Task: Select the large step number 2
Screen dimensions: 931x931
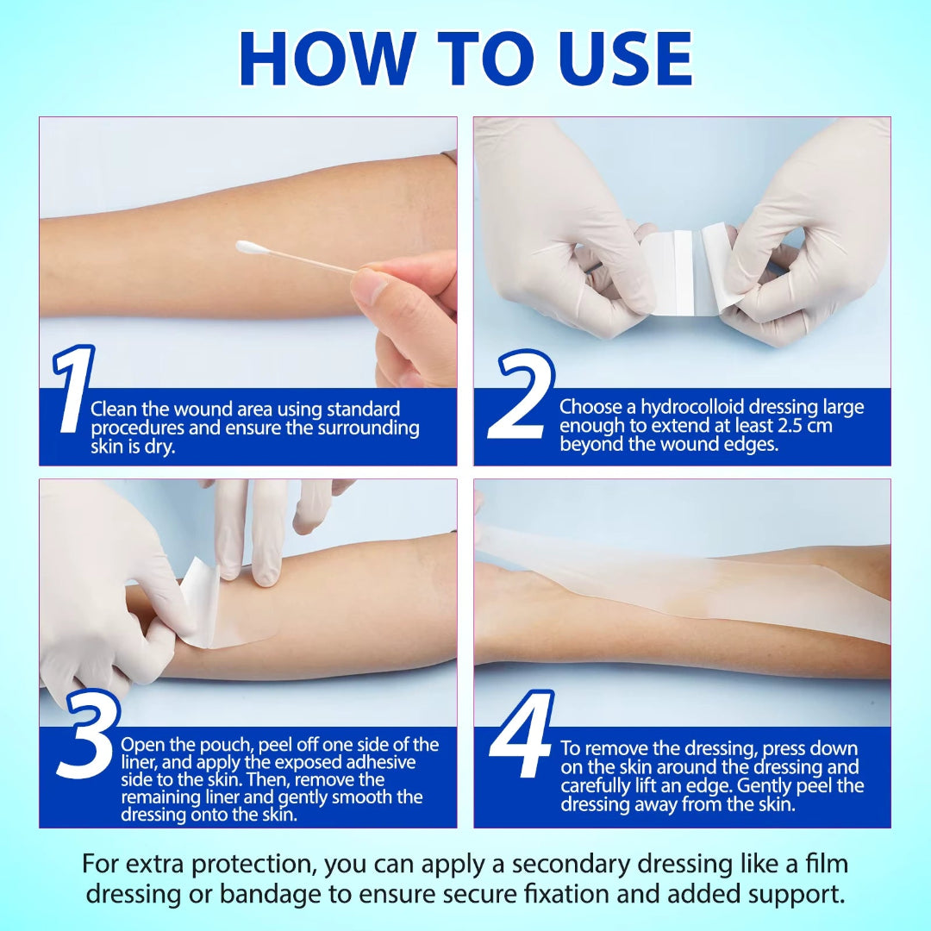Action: point(520,397)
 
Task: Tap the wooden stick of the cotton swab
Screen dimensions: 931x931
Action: point(310,263)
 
